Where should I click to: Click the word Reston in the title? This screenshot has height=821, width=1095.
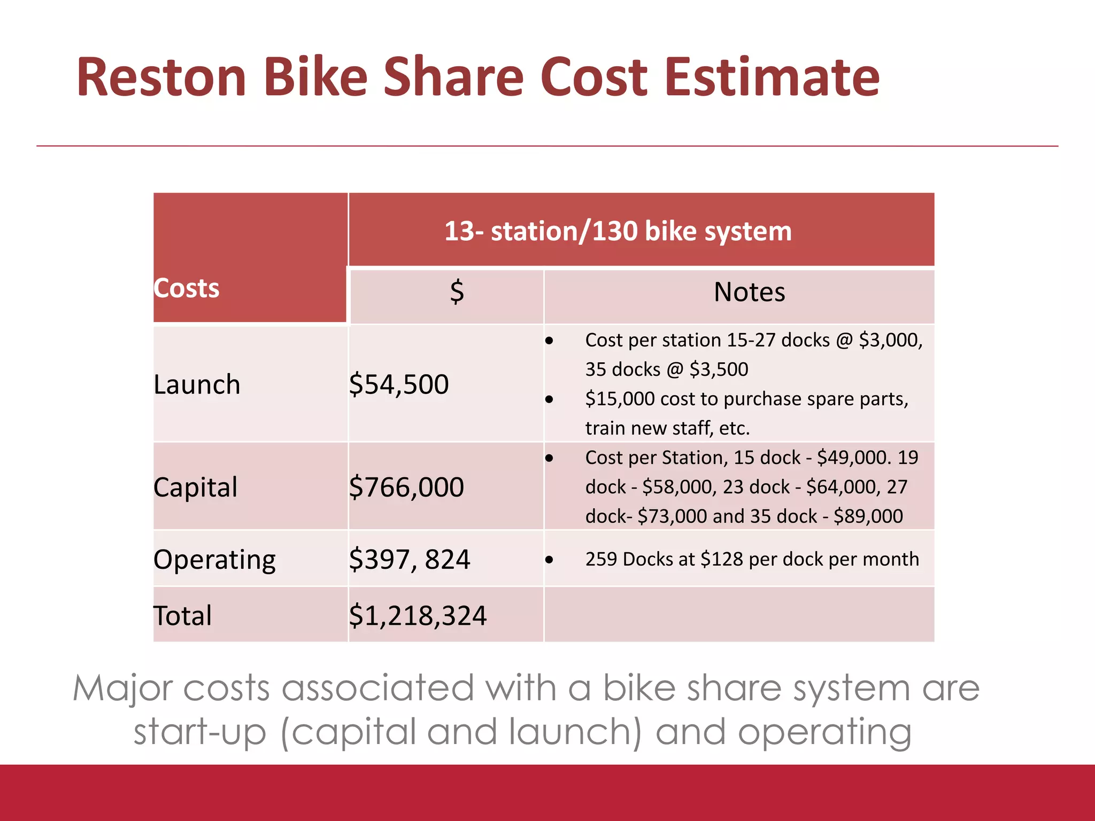[161, 78]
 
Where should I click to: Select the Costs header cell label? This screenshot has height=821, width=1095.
[187, 289]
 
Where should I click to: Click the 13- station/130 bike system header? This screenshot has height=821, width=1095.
[618, 231]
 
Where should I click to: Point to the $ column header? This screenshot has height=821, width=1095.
[457, 292]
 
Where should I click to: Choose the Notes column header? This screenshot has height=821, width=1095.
[749, 292]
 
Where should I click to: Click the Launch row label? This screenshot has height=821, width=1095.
[197, 385]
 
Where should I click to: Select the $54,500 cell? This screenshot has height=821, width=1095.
[399, 385]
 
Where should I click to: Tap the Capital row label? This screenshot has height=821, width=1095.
[195, 487]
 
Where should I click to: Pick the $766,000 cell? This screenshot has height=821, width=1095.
[406, 487]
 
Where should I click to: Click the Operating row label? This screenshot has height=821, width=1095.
[214, 560]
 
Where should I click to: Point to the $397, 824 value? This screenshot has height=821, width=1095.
[410, 560]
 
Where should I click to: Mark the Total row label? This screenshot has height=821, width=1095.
[182, 616]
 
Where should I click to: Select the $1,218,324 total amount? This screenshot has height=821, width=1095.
[418, 616]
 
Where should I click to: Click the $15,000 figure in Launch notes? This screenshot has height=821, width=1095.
[620, 399]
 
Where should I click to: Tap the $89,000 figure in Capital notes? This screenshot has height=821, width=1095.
[868, 516]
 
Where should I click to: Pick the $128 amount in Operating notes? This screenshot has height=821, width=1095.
[722, 560]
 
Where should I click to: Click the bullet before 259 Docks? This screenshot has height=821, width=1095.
[549, 560]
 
